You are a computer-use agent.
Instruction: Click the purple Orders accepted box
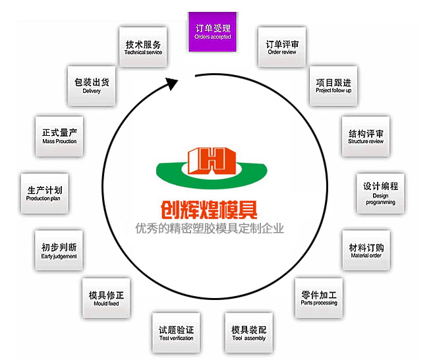point(214,32)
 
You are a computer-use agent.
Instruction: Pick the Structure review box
point(365,137)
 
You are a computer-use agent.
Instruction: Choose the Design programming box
point(380,193)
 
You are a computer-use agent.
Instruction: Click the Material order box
point(366,251)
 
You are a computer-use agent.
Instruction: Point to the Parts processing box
point(319,299)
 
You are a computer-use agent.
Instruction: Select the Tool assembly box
point(248,333)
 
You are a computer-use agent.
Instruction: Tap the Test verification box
point(176,333)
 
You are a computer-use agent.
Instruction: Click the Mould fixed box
point(105,299)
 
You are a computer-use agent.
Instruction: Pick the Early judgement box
point(59,251)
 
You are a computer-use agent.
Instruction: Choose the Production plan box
point(43,193)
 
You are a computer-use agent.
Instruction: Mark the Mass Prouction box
point(59,137)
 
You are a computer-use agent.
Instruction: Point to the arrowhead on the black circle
point(172,84)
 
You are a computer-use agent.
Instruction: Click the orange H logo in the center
point(208,160)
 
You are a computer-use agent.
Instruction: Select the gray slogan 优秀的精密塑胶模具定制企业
point(208,229)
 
